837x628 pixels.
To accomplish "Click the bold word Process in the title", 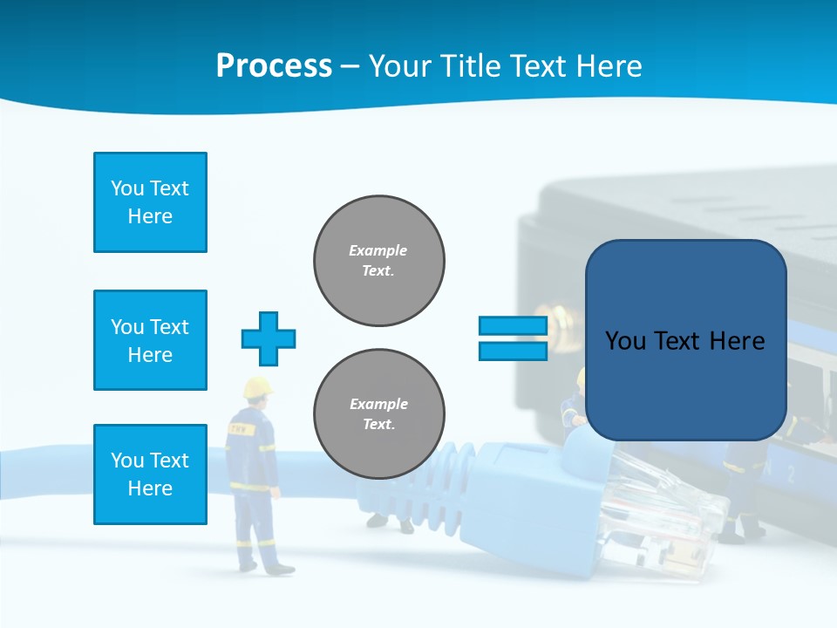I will coord(274,65).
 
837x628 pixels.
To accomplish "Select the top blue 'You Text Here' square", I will coord(150,202).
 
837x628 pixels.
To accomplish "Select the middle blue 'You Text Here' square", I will coord(150,340).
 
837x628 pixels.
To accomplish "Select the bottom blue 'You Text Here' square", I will coord(150,474).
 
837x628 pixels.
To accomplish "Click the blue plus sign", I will coord(269,338).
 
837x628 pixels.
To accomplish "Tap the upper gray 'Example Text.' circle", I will coord(379,261).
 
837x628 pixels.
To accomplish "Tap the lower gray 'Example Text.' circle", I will coord(379,414).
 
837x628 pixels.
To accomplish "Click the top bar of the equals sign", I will coord(513,326).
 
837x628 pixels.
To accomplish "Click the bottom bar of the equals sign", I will coord(513,352).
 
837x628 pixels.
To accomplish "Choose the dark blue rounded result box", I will coord(685,340).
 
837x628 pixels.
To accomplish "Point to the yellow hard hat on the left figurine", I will coord(257,388).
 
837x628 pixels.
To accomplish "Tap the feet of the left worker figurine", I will coord(266,568).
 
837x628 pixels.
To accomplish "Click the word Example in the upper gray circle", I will coord(378,250).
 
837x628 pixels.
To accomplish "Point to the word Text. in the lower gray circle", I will coord(378,425).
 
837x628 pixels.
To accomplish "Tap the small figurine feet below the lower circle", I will coord(390,522).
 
